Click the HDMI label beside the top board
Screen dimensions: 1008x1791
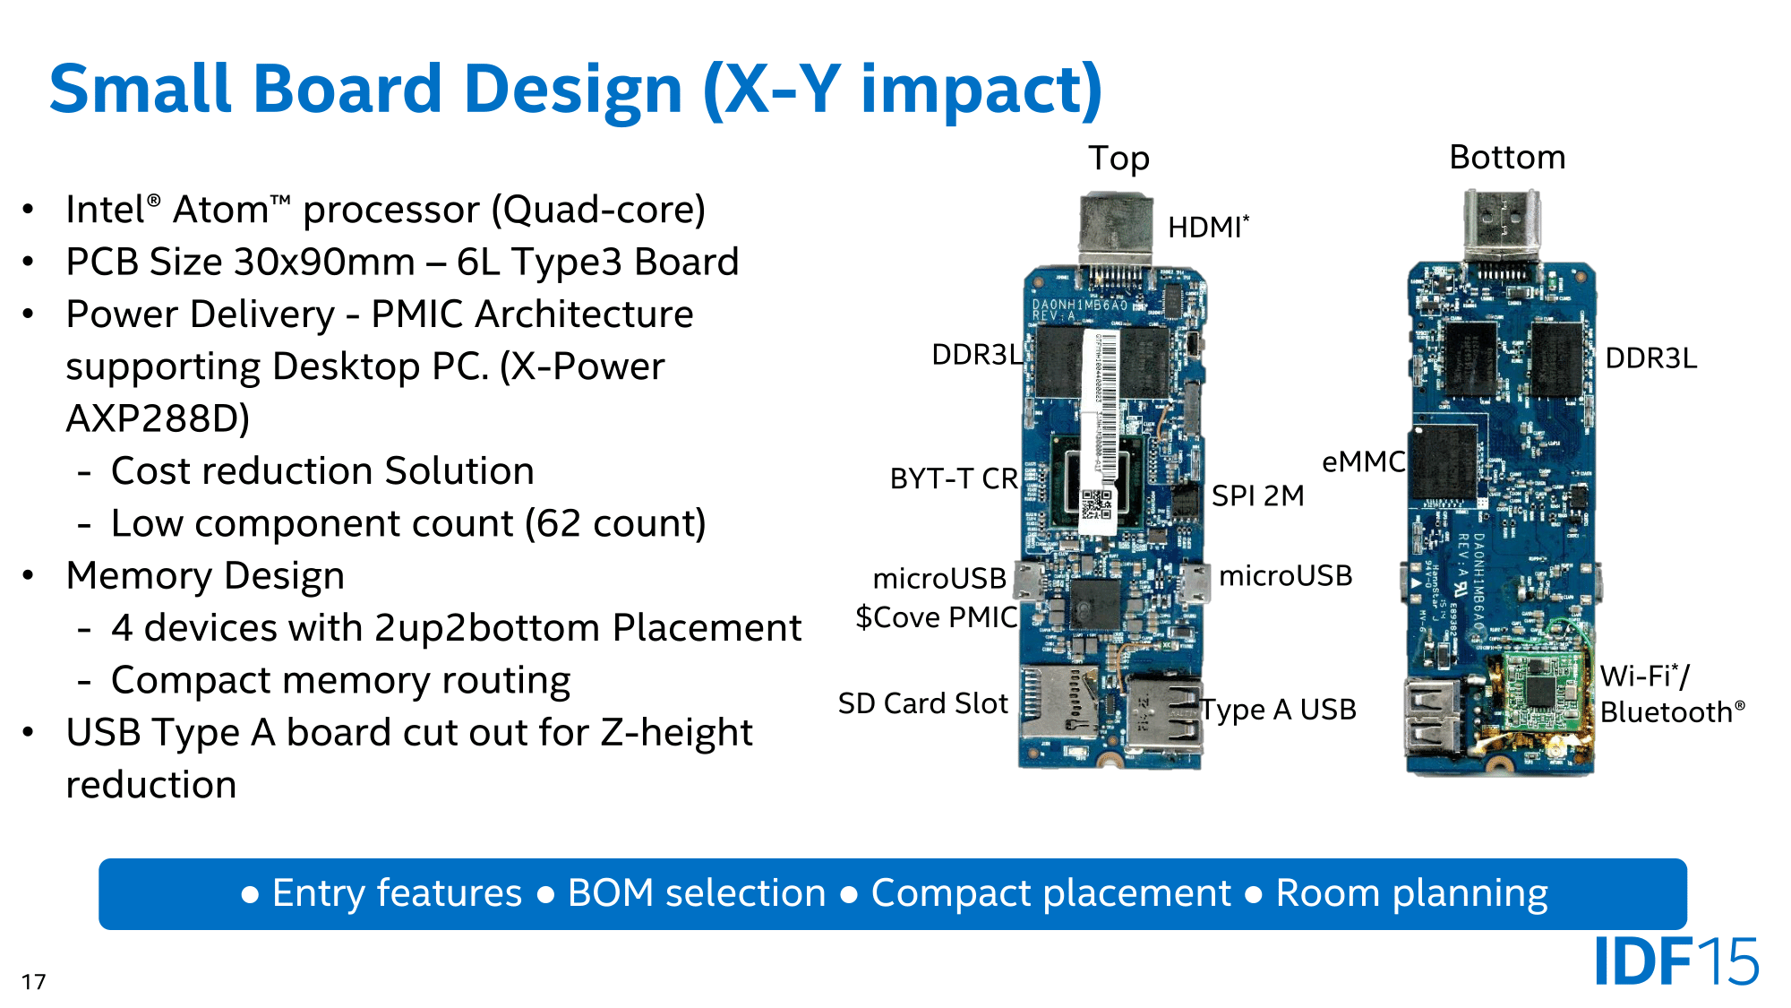coord(1206,228)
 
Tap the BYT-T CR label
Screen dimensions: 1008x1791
coord(954,478)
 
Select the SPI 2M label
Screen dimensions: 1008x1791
coord(1257,495)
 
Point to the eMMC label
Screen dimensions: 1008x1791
coord(1363,461)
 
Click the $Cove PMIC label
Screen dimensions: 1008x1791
coord(936,617)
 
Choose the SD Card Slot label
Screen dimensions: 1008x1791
coord(922,703)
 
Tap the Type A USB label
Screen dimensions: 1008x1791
coord(1278,710)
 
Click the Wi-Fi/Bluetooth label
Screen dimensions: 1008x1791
coord(1671,694)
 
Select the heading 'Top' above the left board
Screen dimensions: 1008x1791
coord(1118,159)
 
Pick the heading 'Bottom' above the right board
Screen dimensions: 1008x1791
coord(1507,158)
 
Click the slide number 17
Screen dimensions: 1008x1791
coord(34,982)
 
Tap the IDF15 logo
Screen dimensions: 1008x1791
coord(1675,961)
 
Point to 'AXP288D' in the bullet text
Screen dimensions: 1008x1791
coord(158,418)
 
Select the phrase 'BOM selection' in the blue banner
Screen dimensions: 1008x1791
coord(696,893)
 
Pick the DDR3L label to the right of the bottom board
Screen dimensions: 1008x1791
coord(1650,358)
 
